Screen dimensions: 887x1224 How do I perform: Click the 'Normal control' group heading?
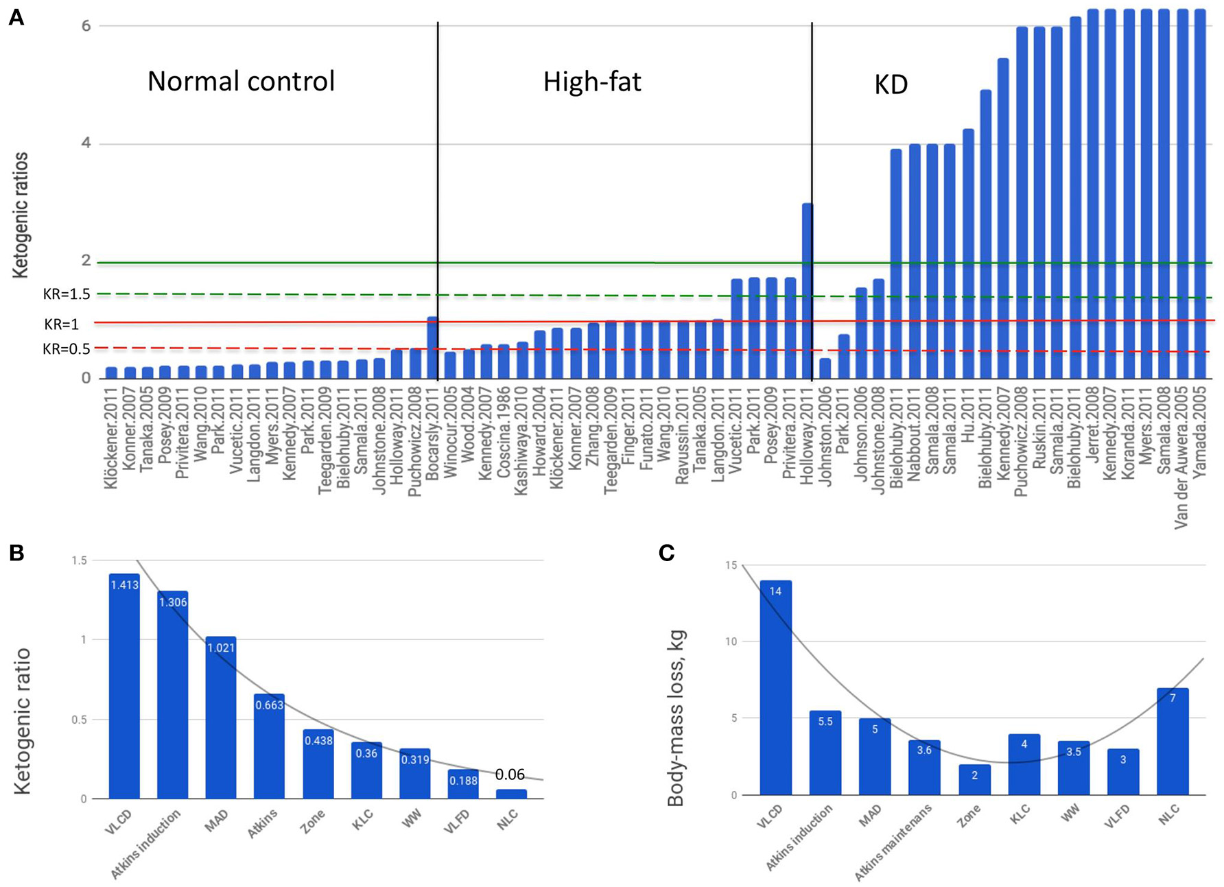pyautogui.click(x=241, y=82)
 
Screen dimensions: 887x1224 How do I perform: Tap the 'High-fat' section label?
pyautogui.click(x=592, y=82)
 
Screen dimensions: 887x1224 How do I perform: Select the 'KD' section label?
pyautogui.click(x=891, y=85)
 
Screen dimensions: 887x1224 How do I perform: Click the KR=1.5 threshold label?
pyautogui.click(x=67, y=294)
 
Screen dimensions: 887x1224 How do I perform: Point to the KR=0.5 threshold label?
pyautogui.click(x=67, y=349)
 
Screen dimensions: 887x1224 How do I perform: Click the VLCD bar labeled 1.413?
pyautogui.click(x=124, y=686)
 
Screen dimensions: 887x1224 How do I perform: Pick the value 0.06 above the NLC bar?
pyautogui.click(x=510, y=774)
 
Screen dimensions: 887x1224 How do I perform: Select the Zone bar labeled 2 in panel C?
pyautogui.click(x=974, y=780)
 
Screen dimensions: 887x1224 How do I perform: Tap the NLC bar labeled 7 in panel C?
pyautogui.click(x=1173, y=742)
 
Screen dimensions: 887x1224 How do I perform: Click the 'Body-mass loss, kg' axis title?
pyautogui.click(x=676, y=718)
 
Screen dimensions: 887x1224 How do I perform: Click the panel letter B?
pyautogui.click(x=16, y=553)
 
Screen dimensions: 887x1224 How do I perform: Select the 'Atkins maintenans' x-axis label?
pyautogui.click(x=893, y=842)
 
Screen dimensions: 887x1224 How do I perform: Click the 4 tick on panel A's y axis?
pyautogui.click(x=86, y=143)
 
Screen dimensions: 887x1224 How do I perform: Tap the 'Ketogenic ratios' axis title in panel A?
pyautogui.click(x=21, y=215)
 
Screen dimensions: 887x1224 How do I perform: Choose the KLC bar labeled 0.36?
pyautogui.click(x=366, y=770)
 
